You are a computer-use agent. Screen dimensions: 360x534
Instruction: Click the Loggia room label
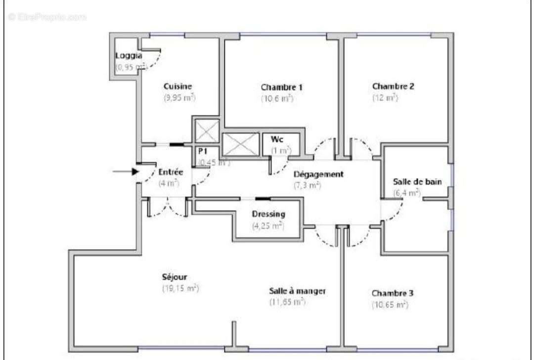click(129, 55)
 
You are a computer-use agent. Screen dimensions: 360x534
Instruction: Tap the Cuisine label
click(178, 87)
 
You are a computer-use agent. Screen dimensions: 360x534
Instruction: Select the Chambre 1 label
click(282, 88)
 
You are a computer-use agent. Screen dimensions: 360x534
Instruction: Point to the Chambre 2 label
click(393, 86)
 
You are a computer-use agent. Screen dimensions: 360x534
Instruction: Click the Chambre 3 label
click(393, 293)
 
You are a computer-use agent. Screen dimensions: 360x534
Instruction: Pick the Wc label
click(276, 139)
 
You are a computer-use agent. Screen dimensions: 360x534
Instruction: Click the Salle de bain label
click(417, 181)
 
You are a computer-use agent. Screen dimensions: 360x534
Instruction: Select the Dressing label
click(268, 214)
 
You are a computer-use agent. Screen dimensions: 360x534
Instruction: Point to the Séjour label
click(175, 277)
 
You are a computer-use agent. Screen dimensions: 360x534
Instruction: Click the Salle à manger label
click(297, 291)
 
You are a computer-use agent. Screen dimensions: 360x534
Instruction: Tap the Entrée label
click(171, 172)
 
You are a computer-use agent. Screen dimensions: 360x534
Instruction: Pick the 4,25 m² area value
click(268, 226)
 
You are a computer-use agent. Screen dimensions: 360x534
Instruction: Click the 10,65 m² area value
click(390, 305)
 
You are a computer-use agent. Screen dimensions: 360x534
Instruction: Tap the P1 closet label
click(202, 150)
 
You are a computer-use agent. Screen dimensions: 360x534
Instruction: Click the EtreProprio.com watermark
click(47, 17)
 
